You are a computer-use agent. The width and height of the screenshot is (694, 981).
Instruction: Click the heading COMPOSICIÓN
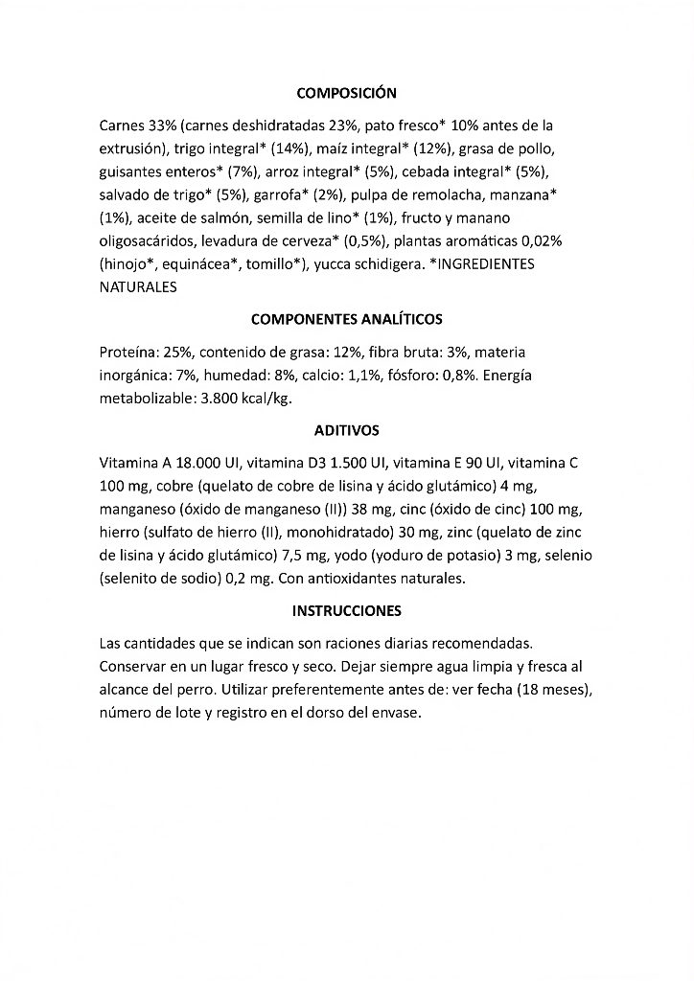346,93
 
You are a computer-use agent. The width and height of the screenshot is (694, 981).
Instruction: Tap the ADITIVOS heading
346,431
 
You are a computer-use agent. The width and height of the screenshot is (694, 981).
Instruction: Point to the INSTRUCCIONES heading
346,610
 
